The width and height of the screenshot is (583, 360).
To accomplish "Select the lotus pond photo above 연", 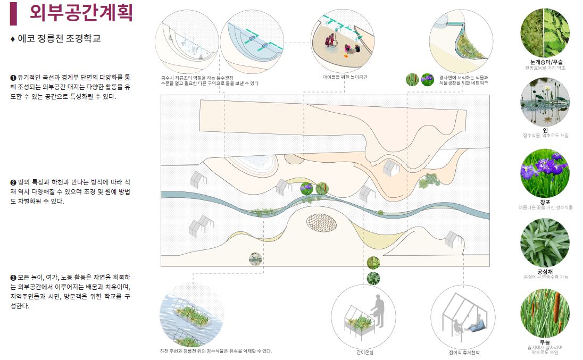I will [x=544, y=102].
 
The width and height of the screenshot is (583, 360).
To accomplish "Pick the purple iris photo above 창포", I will [x=544, y=173].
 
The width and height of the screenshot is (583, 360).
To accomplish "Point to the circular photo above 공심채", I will [x=544, y=242].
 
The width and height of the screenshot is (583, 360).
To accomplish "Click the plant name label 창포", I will [x=544, y=202].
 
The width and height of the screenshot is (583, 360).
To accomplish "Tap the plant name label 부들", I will [x=544, y=341].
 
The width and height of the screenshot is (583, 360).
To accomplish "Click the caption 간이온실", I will [x=365, y=352].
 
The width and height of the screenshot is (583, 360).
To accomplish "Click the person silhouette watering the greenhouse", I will [x=378, y=311].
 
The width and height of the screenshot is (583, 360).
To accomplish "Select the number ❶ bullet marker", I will [x=13, y=78].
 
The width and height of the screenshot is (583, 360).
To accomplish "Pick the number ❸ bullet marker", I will [x=13, y=278].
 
